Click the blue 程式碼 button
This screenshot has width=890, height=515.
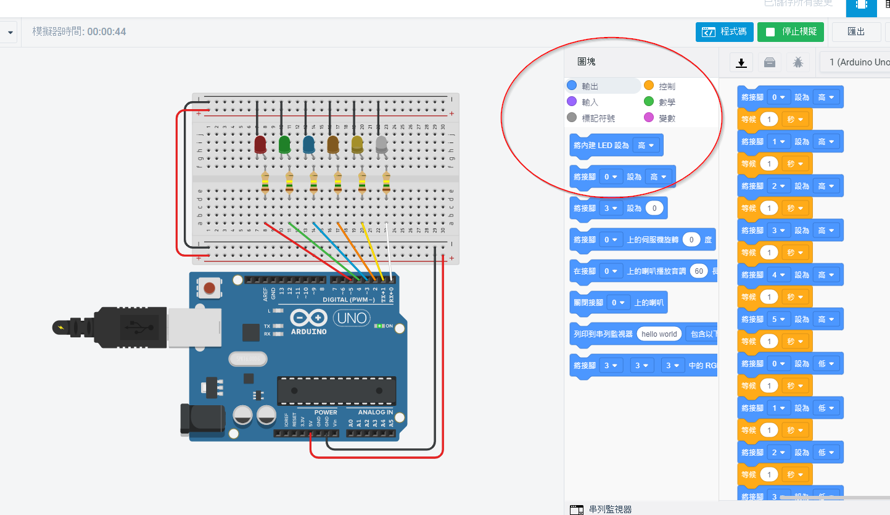724,31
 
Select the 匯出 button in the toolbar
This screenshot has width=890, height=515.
856,31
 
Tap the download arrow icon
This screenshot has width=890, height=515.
741,62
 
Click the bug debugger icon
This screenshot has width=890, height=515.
798,62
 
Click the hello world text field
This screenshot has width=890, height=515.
659,334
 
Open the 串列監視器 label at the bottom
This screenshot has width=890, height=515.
610,509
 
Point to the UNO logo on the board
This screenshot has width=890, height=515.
352,318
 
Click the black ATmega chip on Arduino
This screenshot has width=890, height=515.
336,390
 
